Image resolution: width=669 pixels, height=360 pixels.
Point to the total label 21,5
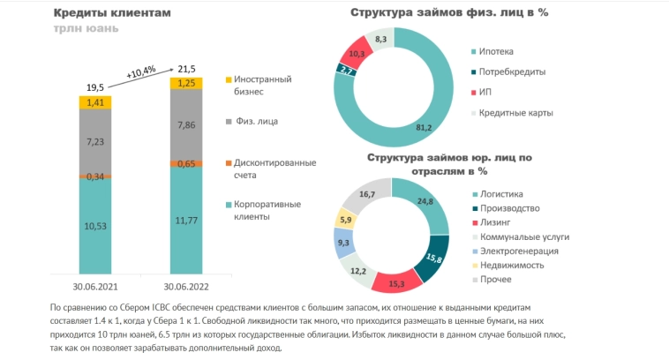click(x=187, y=68)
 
